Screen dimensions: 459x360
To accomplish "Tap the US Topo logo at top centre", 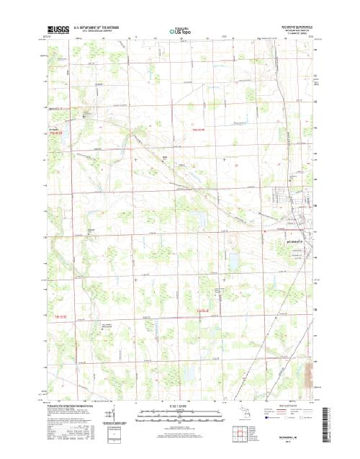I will tap(179, 32).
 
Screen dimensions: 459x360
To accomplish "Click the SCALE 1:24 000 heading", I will tap(179, 404).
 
